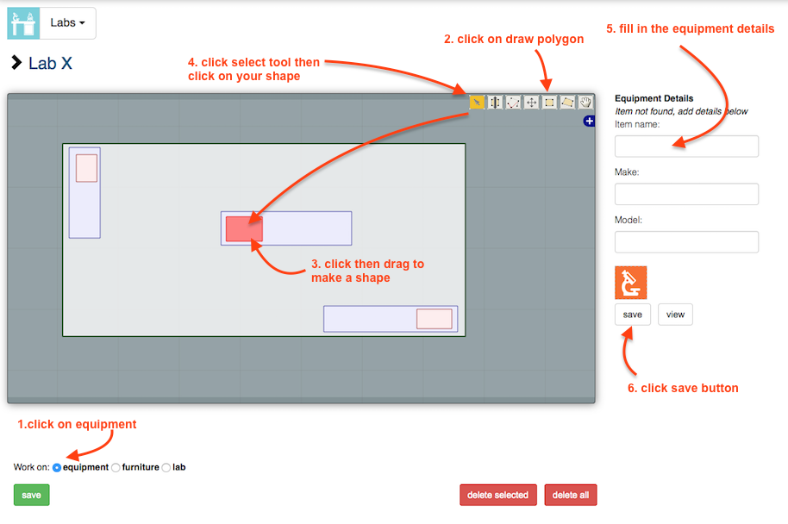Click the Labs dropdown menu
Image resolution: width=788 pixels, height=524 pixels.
coord(67,23)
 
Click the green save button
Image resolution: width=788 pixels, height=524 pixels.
coord(31,495)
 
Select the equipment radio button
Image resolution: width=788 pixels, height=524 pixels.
coord(57,468)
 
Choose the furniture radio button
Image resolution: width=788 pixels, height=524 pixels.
coord(116,468)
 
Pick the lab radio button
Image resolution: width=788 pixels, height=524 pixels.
coord(166,468)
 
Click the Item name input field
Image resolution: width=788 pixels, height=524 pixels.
coord(686,147)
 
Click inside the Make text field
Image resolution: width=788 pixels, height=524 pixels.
coord(686,194)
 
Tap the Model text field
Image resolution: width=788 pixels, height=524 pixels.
coord(686,241)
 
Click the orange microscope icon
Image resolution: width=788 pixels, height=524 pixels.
coord(631,283)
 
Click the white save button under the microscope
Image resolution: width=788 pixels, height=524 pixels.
coord(632,315)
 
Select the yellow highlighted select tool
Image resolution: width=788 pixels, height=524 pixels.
coord(477,103)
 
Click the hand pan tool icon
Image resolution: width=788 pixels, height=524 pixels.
coord(585,103)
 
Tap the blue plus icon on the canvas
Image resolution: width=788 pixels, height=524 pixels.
coord(589,121)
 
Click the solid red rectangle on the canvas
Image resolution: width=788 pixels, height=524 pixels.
coord(244,229)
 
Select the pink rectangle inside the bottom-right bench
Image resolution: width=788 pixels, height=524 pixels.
coord(435,319)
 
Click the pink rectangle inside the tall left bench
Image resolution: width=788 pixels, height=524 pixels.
coord(86,168)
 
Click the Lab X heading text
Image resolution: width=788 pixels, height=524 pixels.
coord(50,63)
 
